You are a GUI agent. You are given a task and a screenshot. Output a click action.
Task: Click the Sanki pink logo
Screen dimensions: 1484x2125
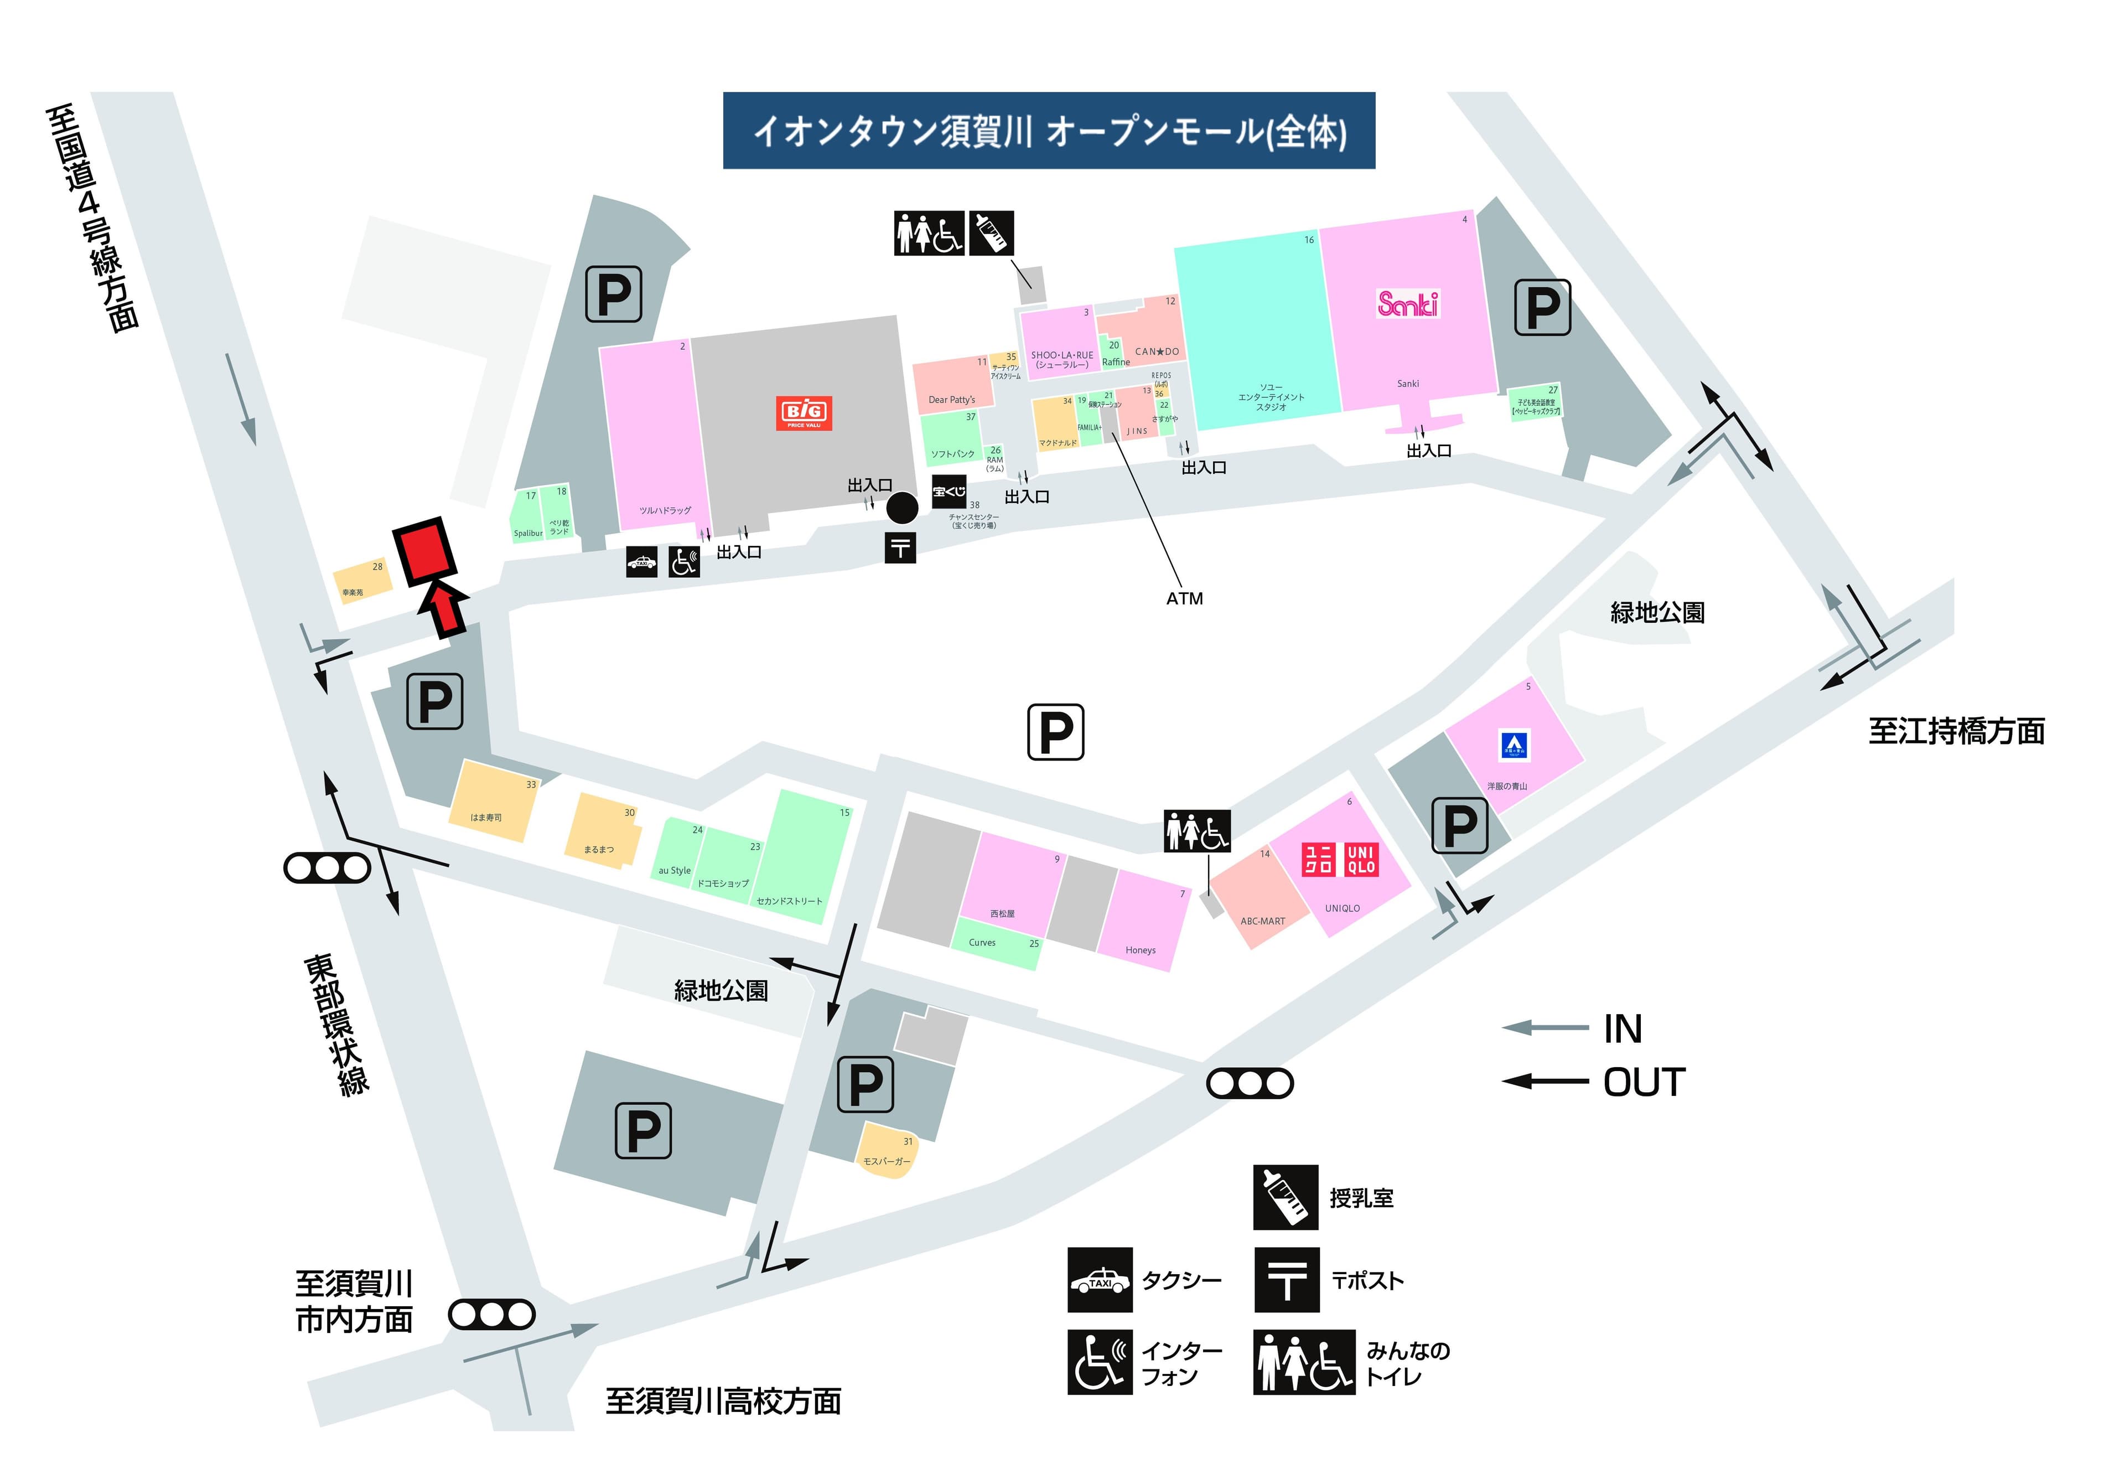1408,304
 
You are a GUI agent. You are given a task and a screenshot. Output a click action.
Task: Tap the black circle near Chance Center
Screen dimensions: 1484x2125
903,508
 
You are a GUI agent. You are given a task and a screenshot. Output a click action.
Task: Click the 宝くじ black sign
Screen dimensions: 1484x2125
949,492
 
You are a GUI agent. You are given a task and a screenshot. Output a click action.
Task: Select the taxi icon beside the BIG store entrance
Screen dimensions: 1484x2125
641,562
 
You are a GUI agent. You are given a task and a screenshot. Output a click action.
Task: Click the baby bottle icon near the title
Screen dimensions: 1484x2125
991,232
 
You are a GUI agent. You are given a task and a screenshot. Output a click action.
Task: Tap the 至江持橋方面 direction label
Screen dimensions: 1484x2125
1956,731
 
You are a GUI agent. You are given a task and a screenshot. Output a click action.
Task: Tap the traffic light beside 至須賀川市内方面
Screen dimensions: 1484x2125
491,1315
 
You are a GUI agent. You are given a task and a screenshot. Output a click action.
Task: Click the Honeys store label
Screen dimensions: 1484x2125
1140,950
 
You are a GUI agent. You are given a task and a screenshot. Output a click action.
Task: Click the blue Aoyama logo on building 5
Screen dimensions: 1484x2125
1514,744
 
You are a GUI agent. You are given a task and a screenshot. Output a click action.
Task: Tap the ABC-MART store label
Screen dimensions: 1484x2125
1262,921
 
